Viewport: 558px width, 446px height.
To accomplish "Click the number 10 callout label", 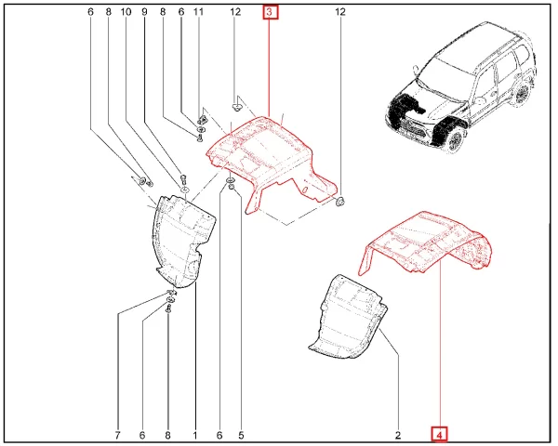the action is pyautogui.click(x=126, y=12).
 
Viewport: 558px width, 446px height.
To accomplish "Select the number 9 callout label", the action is pyautogui.click(x=144, y=12).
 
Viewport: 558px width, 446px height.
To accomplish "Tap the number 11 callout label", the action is pyautogui.click(x=198, y=12).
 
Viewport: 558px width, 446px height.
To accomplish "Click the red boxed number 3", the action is pyautogui.click(x=270, y=12).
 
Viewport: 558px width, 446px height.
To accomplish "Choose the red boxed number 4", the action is pyautogui.click(x=440, y=435).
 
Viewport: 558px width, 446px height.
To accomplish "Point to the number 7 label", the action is pyautogui.click(x=117, y=435).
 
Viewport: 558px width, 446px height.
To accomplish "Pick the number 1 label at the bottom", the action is pyautogui.click(x=195, y=435).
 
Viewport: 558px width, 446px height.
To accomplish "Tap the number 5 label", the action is pyautogui.click(x=241, y=435).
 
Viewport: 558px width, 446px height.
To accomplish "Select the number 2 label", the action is pyautogui.click(x=398, y=435).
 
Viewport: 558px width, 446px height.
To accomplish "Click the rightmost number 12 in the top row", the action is pyautogui.click(x=340, y=12).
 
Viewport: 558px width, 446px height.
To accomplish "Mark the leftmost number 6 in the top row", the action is pyautogui.click(x=90, y=12).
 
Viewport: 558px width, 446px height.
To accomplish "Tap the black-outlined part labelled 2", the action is pyautogui.click(x=349, y=317).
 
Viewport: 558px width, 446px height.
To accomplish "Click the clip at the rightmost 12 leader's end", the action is pyautogui.click(x=339, y=202).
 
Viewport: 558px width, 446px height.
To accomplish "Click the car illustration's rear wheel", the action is pyautogui.click(x=523, y=94).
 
